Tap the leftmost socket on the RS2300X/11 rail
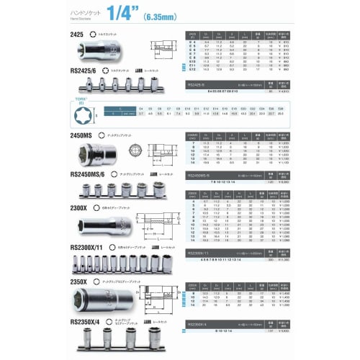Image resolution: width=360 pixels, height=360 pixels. coord(78,264)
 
